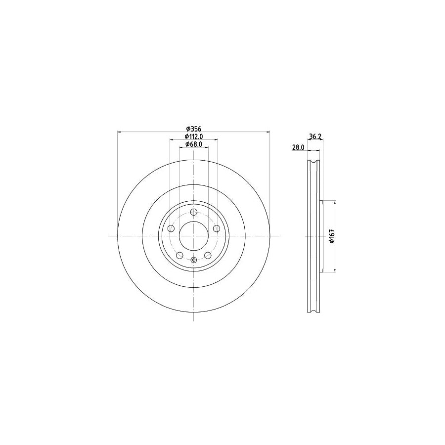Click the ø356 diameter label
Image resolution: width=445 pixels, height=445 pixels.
pyautogui.click(x=194, y=128)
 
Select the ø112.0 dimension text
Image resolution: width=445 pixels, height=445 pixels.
pyautogui.click(x=194, y=136)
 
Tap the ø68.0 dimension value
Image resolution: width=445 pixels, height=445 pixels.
pyautogui.click(x=194, y=144)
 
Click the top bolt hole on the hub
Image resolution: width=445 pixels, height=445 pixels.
pyautogui.click(x=194, y=212)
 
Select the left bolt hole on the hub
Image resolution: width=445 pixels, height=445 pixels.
pyautogui.click(x=171, y=228)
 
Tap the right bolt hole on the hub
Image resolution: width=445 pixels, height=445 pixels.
pyautogui.click(x=217, y=228)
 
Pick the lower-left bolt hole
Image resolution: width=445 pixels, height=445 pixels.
pyautogui.click(x=180, y=255)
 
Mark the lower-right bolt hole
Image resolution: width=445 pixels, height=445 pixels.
pyautogui.click(x=208, y=255)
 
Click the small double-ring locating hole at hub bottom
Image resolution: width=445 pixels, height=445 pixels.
pyautogui.click(x=194, y=261)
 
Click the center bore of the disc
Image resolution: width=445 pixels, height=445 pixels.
pyautogui.click(x=194, y=236)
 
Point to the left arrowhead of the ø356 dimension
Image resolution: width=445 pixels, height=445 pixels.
pyautogui.click(x=119, y=132)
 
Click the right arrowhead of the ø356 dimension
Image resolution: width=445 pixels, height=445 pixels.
pyautogui.click(x=268, y=132)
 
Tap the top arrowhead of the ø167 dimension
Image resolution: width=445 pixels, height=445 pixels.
pyautogui.click(x=336, y=202)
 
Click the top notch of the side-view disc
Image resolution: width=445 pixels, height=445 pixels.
pyautogui.click(x=313, y=163)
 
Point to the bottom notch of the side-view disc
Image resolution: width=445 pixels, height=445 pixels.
pyautogui.click(x=313, y=310)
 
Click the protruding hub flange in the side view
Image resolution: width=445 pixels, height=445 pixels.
pyautogui.click(x=322, y=236)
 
